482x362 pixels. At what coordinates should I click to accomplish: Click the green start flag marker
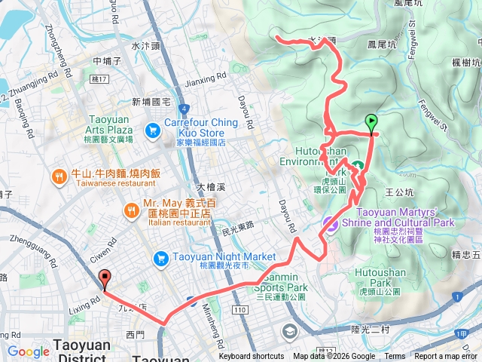click(x=371, y=121)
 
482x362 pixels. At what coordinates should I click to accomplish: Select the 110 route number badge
click(x=240, y=310)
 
